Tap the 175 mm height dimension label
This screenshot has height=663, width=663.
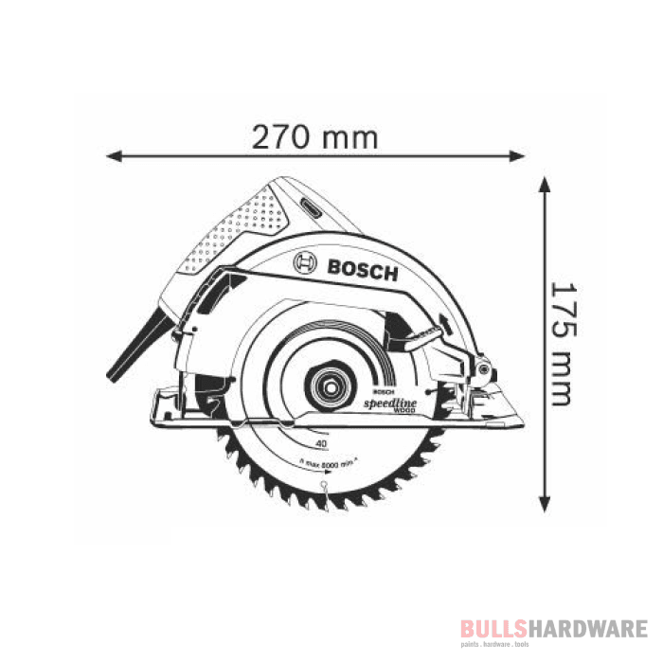coord(561,342)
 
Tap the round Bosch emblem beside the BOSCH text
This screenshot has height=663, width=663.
coord(305,263)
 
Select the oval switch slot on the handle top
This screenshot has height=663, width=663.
coord(314,203)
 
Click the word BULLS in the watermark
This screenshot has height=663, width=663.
coord(491,629)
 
